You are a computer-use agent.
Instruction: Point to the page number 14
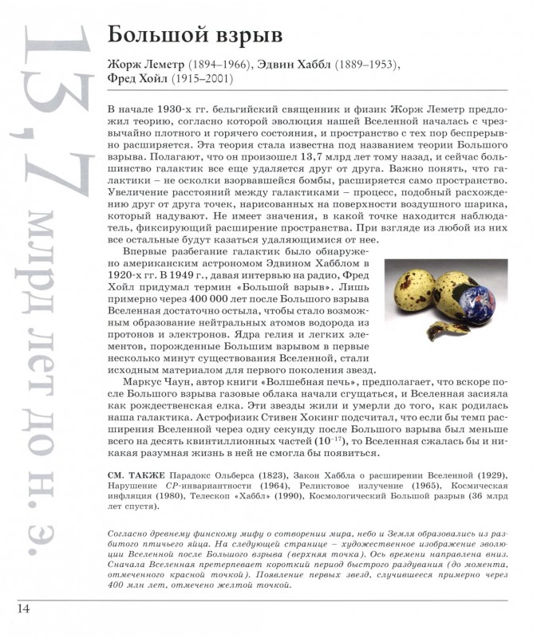(x=22, y=609)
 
